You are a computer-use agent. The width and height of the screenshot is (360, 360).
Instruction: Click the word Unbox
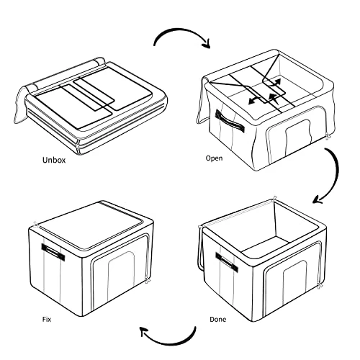[x=54, y=160]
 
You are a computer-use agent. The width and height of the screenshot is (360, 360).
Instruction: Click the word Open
[x=214, y=158]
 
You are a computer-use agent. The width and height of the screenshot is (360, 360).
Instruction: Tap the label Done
[x=217, y=320]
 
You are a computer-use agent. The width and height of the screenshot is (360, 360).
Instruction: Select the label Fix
[x=47, y=320]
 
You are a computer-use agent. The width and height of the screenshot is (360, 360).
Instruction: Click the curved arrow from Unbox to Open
[x=182, y=30]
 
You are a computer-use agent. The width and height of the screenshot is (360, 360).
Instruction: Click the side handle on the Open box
[x=230, y=121]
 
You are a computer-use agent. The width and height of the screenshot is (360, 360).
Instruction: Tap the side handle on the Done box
[x=227, y=262]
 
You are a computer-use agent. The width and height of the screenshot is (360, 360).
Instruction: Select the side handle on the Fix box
[x=53, y=251]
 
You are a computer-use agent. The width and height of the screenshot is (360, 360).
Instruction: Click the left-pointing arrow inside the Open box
[x=255, y=100]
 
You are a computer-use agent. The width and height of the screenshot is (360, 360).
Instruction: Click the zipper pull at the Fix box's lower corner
[x=147, y=280]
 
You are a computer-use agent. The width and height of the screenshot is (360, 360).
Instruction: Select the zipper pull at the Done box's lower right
[x=319, y=285]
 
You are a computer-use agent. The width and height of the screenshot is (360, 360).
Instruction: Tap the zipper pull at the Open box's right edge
[x=328, y=137]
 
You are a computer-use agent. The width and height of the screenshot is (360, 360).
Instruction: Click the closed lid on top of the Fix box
[x=91, y=225]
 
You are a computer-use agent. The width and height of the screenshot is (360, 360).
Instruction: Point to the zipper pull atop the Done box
[x=274, y=199]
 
